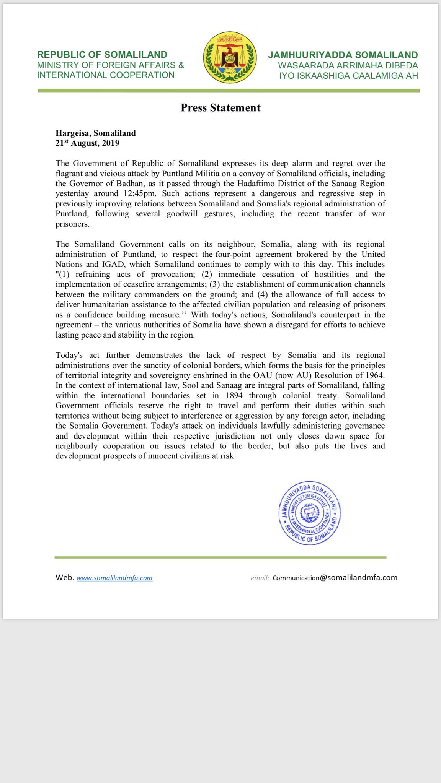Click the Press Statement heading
[x=220, y=108]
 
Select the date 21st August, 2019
[x=87, y=143]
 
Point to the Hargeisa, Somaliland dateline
[x=96, y=133]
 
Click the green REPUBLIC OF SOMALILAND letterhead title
[x=102, y=55]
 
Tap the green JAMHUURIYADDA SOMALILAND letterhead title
[x=343, y=55]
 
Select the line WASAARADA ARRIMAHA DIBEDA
[x=348, y=65]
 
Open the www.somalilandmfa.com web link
[x=114, y=578]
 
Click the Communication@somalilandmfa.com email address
[x=335, y=578]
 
